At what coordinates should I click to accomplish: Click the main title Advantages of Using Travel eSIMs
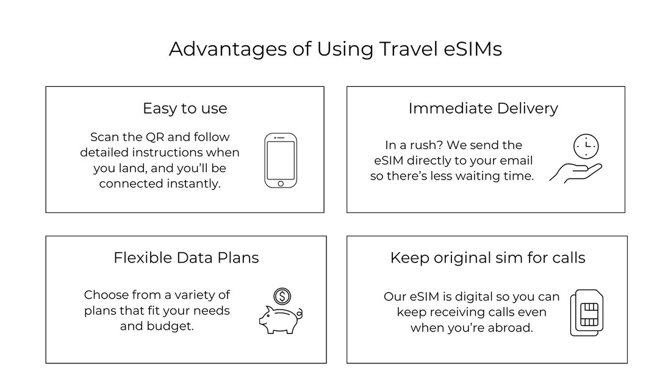click(335, 49)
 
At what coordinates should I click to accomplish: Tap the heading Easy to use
click(185, 109)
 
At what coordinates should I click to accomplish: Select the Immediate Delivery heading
click(483, 109)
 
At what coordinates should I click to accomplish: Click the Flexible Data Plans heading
click(186, 258)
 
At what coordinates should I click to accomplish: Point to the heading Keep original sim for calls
click(487, 258)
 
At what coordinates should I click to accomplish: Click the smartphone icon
click(281, 161)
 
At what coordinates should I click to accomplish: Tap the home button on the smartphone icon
click(281, 183)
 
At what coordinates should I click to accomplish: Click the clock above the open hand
click(586, 147)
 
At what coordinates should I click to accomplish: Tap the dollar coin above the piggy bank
click(282, 297)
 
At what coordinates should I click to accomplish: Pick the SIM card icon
click(587, 313)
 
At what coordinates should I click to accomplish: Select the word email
click(516, 161)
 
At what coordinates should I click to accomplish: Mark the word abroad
click(511, 328)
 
